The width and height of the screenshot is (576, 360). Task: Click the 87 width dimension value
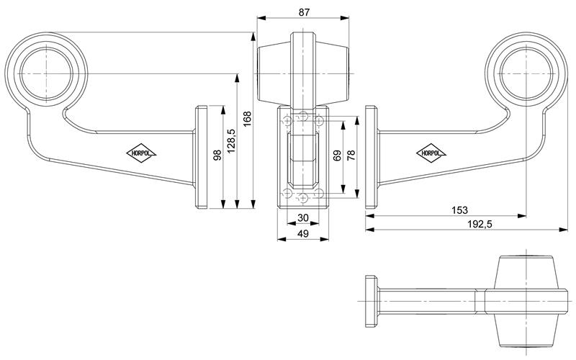click(304, 12)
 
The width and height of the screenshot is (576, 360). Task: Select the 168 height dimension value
click(247, 119)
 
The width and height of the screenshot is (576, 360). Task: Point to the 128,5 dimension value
click(231, 140)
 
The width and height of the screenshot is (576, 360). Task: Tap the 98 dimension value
click(217, 155)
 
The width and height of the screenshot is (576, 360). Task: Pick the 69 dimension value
click(337, 155)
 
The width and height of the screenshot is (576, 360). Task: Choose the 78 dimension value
click(351, 155)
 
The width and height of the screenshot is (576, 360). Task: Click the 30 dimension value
click(303, 218)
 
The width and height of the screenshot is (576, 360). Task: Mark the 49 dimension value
click(303, 233)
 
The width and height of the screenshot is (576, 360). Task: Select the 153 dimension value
click(459, 210)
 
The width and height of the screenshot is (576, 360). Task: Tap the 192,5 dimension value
click(480, 224)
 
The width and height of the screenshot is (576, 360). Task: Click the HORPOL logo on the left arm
click(141, 153)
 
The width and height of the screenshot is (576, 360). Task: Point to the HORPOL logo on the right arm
click(431, 153)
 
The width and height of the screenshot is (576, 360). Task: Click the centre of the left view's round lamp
click(47, 74)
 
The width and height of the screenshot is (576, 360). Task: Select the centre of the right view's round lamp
click(526, 74)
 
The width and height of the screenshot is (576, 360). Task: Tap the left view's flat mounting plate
click(202, 157)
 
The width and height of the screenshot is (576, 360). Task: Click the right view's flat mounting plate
click(372, 157)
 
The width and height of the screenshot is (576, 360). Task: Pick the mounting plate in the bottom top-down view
click(372, 301)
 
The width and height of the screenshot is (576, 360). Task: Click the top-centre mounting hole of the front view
click(303, 116)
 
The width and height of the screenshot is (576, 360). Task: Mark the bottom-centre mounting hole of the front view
click(303, 199)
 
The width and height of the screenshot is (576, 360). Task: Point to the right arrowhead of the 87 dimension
click(345, 17)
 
